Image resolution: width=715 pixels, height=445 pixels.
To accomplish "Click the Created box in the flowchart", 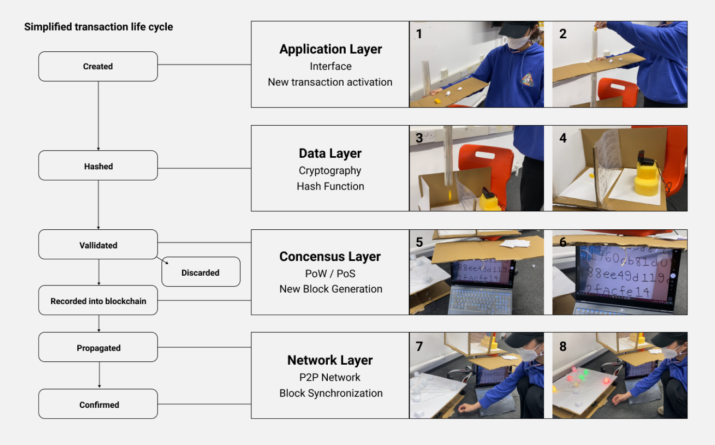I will click(x=98, y=66).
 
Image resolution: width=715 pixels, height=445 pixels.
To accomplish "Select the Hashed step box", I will click(x=98, y=166).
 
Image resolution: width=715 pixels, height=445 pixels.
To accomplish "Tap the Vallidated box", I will click(x=98, y=245).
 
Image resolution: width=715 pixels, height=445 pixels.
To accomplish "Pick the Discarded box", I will click(x=201, y=272).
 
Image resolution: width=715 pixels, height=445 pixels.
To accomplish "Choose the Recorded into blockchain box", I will click(x=98, y=301).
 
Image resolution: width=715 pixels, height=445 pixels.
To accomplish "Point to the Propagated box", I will click(x=98, y=347).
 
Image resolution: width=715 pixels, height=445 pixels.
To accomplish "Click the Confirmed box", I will click(x=98, y=404).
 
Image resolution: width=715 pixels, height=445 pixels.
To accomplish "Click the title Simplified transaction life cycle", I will click(x=99, y=27).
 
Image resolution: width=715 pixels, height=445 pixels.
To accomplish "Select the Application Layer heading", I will click(x=331, y=49).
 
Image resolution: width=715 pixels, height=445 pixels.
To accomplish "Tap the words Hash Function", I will click(x=330, y=186).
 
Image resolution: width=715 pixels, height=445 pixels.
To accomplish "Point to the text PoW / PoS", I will click(x=330, y=274).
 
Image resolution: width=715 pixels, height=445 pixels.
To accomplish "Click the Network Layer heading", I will click(x=330, y=360).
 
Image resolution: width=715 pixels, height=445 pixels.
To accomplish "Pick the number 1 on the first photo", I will click(x=419, y=34).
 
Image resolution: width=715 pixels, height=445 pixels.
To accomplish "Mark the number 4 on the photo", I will click(x=563, y=138).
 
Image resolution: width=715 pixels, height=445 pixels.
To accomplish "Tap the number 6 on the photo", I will click(x=563, y=242).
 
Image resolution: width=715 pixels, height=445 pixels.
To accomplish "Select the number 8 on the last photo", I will click(x=563, y=346).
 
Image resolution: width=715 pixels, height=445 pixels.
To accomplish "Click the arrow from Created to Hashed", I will click(x=99, y=116).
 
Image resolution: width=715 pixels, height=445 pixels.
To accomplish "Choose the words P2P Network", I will click(x=330, y=377).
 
